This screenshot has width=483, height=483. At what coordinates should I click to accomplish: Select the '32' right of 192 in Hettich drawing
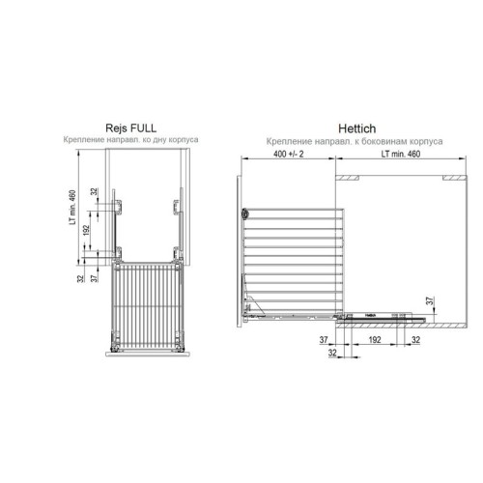pyautogui.click(x=415, y=341)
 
